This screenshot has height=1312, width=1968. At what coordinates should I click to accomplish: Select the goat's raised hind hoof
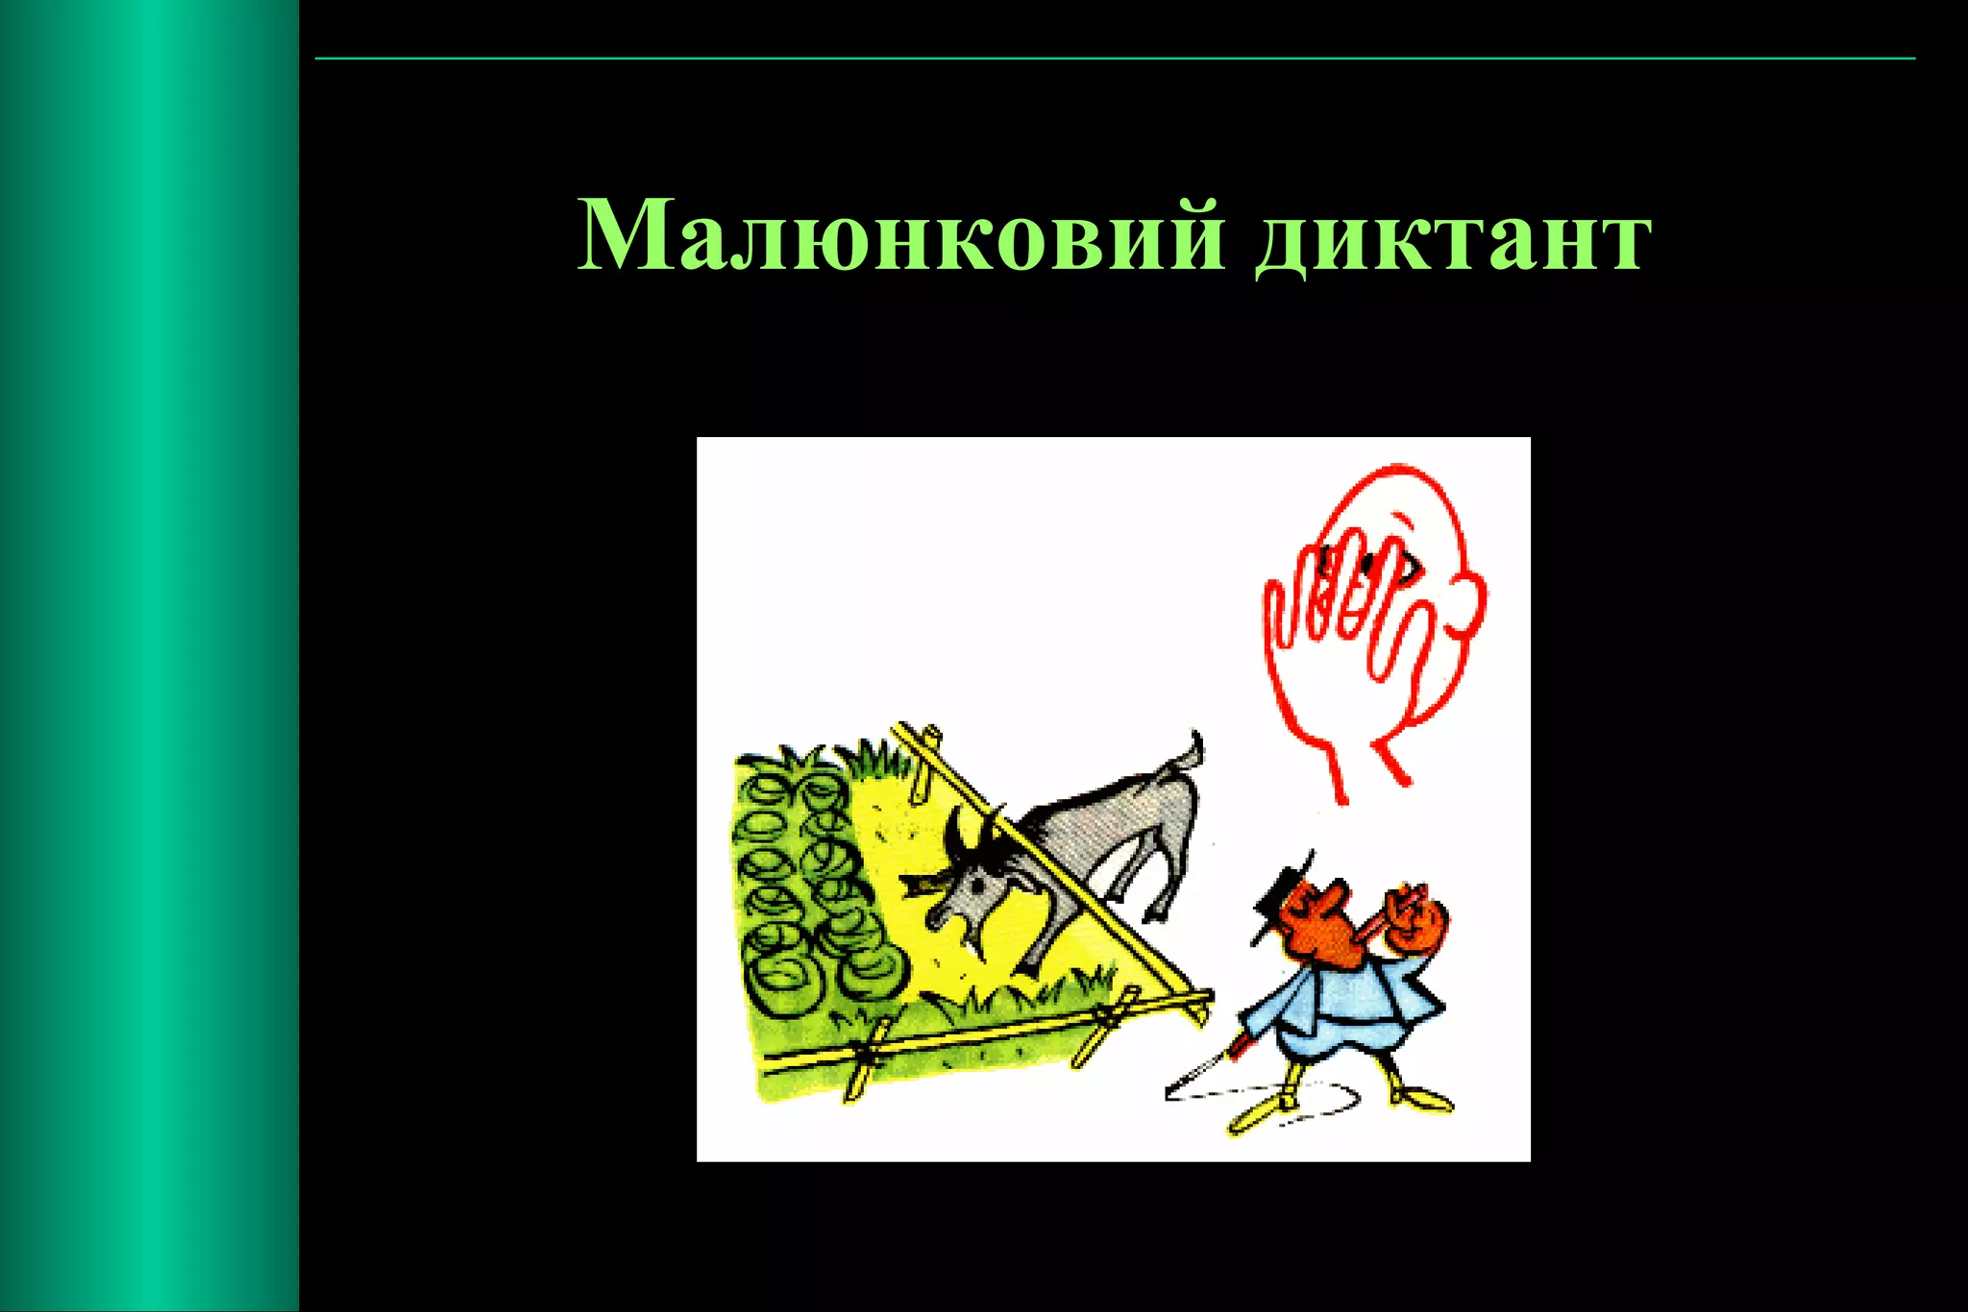tap(1168, 908)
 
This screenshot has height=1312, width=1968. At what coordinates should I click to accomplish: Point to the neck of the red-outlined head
tap(1365, 759)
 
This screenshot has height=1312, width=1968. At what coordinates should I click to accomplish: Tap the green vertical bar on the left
tap(149, 656)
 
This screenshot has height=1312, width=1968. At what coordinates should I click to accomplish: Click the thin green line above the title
tap(1115, 59)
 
